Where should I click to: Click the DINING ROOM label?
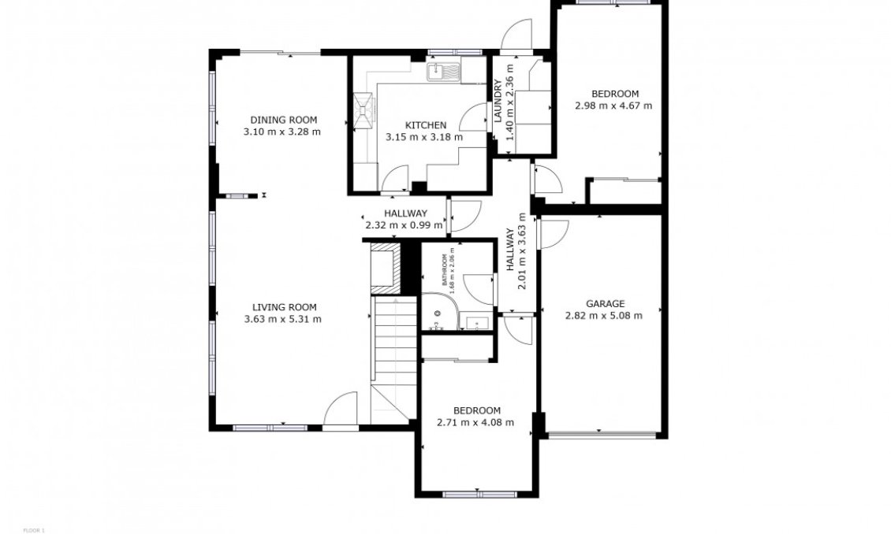282,120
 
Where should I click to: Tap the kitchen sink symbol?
446,72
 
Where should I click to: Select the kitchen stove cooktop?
364,110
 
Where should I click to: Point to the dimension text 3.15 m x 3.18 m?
423,137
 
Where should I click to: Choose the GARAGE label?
605,303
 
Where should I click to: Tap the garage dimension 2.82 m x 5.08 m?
604,316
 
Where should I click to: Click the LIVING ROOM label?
284,307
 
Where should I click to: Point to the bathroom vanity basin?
477,322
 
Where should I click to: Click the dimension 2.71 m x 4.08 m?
475,422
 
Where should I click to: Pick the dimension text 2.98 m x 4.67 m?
613,106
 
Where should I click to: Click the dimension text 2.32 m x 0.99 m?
404,225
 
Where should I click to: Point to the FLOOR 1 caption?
34,530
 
